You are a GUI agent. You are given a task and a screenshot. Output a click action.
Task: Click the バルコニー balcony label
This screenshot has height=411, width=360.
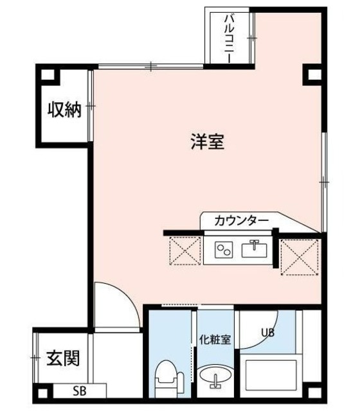(228, 39)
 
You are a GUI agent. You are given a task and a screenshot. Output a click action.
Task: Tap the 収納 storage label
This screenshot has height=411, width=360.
(64, 110)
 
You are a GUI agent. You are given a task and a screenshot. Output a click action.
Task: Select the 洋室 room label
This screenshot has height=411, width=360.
(207, 141)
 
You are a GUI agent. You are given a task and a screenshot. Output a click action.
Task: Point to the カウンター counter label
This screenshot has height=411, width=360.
(241, 221)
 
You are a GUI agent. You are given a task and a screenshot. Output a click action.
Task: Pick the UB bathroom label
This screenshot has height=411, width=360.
(268, 333)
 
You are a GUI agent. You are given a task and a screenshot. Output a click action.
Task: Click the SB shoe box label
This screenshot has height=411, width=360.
(80, 390)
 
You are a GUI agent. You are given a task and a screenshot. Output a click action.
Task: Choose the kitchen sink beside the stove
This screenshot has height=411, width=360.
(254, 248)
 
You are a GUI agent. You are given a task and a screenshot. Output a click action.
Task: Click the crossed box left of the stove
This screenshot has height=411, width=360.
(185, 250)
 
